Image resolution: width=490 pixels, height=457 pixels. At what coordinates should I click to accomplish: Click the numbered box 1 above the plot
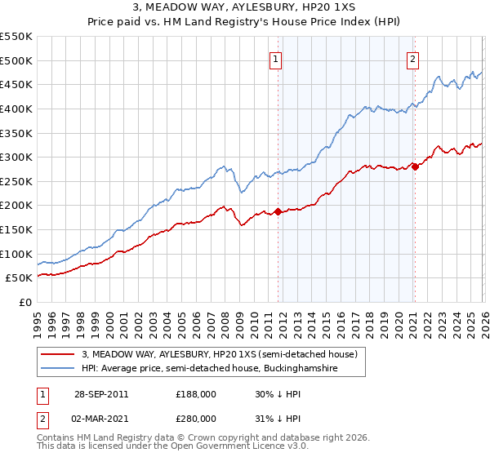[277, 59]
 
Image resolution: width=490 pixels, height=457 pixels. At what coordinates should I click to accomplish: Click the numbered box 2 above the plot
[413, 59]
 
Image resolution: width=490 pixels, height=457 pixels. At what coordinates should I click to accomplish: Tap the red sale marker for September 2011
[278, 211]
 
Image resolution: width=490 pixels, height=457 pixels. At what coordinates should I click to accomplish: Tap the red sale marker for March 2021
[414, 166]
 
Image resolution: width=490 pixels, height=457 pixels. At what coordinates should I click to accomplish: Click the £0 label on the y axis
[24, 303]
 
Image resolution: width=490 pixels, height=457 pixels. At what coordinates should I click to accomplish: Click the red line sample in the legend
[60, 355]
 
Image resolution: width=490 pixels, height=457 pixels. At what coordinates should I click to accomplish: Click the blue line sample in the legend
[60, 369]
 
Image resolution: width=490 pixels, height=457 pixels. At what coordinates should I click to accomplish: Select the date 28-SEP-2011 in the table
[101, 393]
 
